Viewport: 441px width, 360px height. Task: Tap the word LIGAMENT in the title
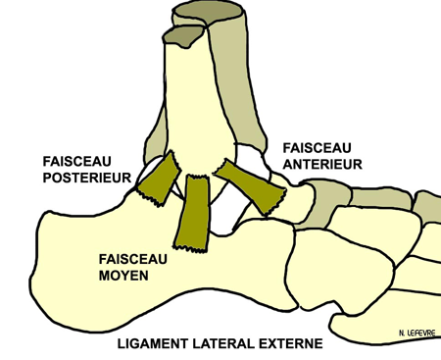(156, 344)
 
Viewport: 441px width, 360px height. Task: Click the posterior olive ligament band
(158, 180)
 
